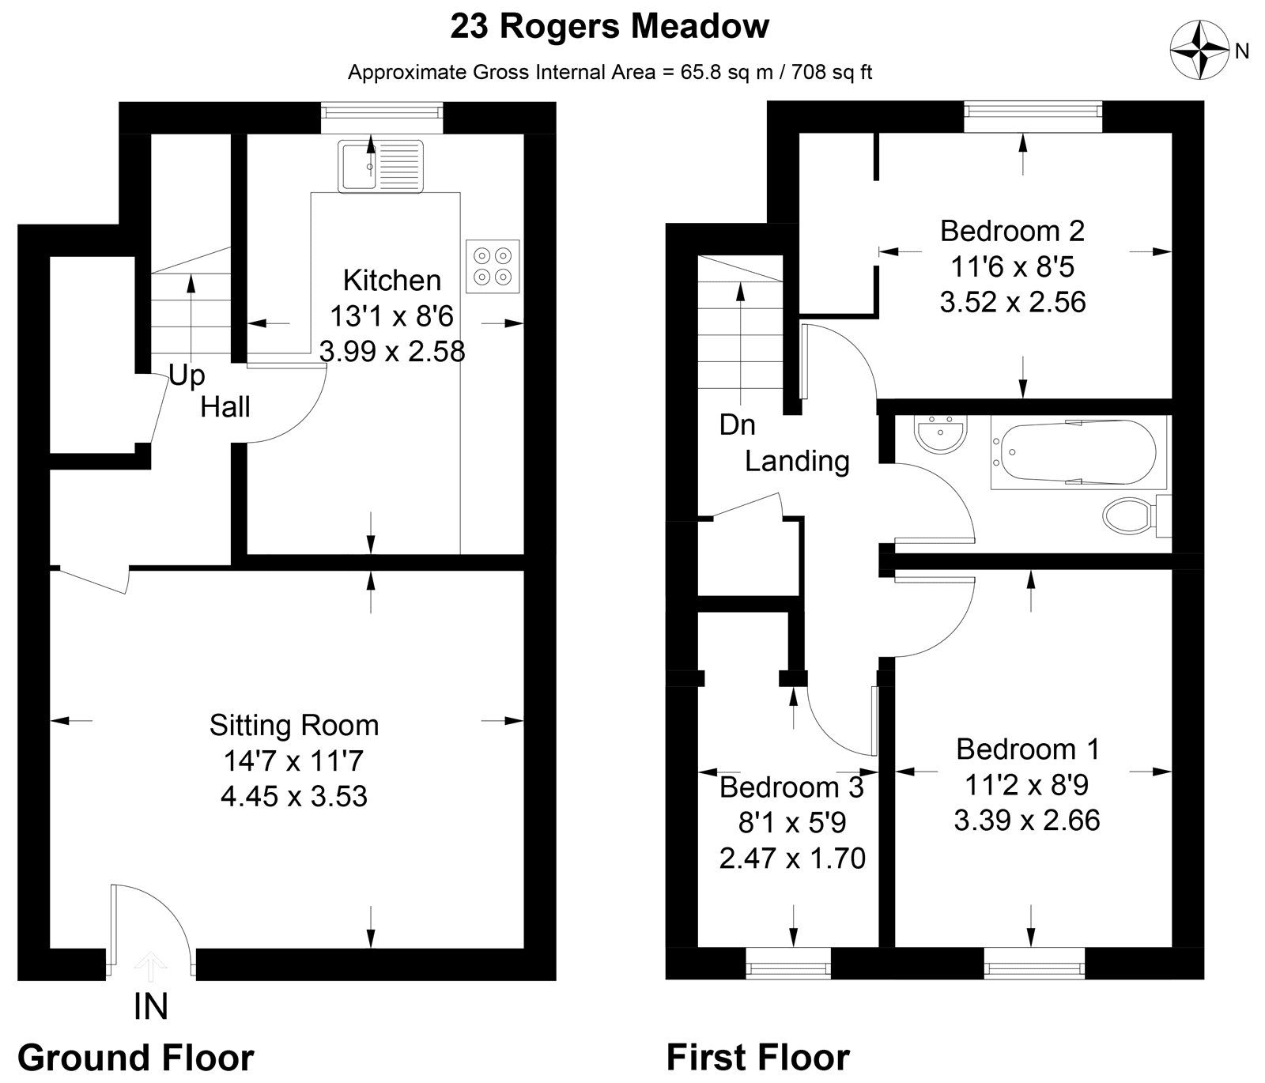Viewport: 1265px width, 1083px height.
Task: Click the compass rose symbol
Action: (1199, 50)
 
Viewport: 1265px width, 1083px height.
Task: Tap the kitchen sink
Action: (381, 166)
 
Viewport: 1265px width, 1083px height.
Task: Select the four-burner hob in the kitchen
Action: (493, 266)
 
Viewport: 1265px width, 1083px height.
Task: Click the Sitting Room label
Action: (294, 725)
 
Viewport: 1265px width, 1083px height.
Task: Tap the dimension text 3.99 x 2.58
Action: (392, 351)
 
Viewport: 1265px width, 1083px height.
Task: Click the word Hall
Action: (225, 407)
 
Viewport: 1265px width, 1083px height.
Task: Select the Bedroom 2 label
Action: (1012, 231)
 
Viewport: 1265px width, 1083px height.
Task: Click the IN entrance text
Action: (150, 1007)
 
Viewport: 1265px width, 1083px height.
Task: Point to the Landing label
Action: (797, 461)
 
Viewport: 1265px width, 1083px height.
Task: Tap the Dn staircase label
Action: (737, 425)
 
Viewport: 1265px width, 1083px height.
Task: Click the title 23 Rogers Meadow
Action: (610, 27)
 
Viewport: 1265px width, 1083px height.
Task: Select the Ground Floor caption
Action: (136, 1057)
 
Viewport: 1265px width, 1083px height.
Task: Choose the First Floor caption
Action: (757, 1057)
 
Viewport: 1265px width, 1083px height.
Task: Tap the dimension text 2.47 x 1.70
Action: (792, 858)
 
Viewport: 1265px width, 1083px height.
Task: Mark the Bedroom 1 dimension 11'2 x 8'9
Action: (1026, 785)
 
